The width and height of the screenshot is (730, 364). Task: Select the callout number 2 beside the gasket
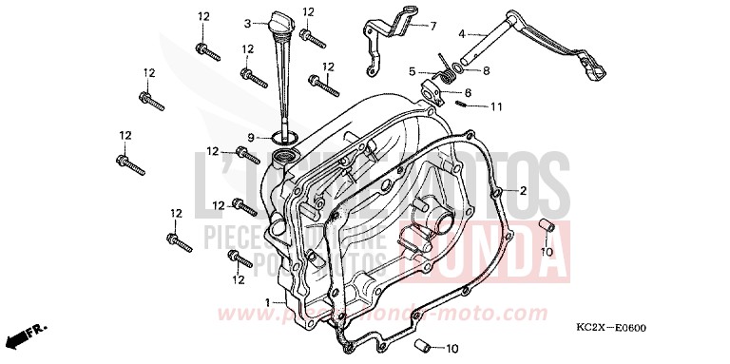coord(522,190)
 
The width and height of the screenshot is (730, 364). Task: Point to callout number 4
coord(462,33)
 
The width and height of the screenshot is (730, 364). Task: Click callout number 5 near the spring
coord(413,70)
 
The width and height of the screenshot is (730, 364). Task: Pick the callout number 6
coord(468,92)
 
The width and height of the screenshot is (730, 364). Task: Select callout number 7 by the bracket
coord(432,26)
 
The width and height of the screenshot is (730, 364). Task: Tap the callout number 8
coord(485,70)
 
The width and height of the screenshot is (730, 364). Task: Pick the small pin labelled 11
coord(461,104)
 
